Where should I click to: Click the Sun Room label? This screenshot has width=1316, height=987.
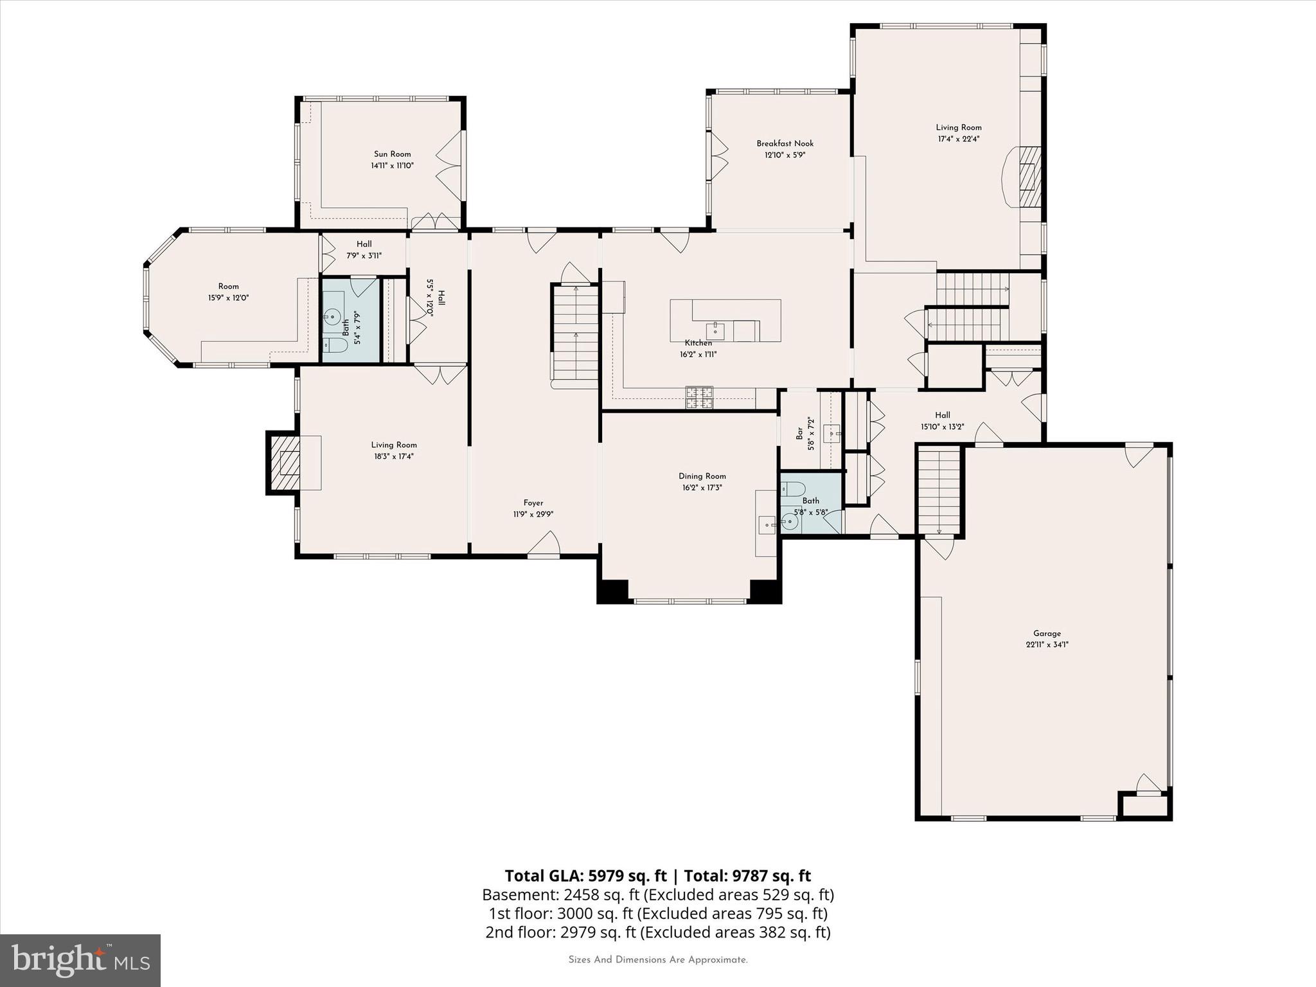point(392,154)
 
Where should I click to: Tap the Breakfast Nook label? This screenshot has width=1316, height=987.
point(785,144)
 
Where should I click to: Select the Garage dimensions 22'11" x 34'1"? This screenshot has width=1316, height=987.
point(1047,645)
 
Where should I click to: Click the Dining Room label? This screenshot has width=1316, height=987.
point(702,476)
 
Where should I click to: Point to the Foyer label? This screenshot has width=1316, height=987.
point(533,503)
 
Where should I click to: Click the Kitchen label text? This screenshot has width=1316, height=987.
point(698,343)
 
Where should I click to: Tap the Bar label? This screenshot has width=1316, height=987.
point(800,434)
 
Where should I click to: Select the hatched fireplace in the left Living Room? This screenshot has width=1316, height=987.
point(284,463)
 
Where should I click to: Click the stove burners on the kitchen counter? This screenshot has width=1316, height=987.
point(699,397)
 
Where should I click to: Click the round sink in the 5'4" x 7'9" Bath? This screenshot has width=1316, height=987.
point(332,316)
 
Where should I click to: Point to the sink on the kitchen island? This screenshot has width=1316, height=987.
point(715,331)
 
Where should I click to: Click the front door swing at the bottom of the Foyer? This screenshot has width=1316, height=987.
point(544,544)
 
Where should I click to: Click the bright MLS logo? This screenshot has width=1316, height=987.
point(80,959)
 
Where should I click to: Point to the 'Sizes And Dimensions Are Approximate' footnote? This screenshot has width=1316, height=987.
point(657,960)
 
